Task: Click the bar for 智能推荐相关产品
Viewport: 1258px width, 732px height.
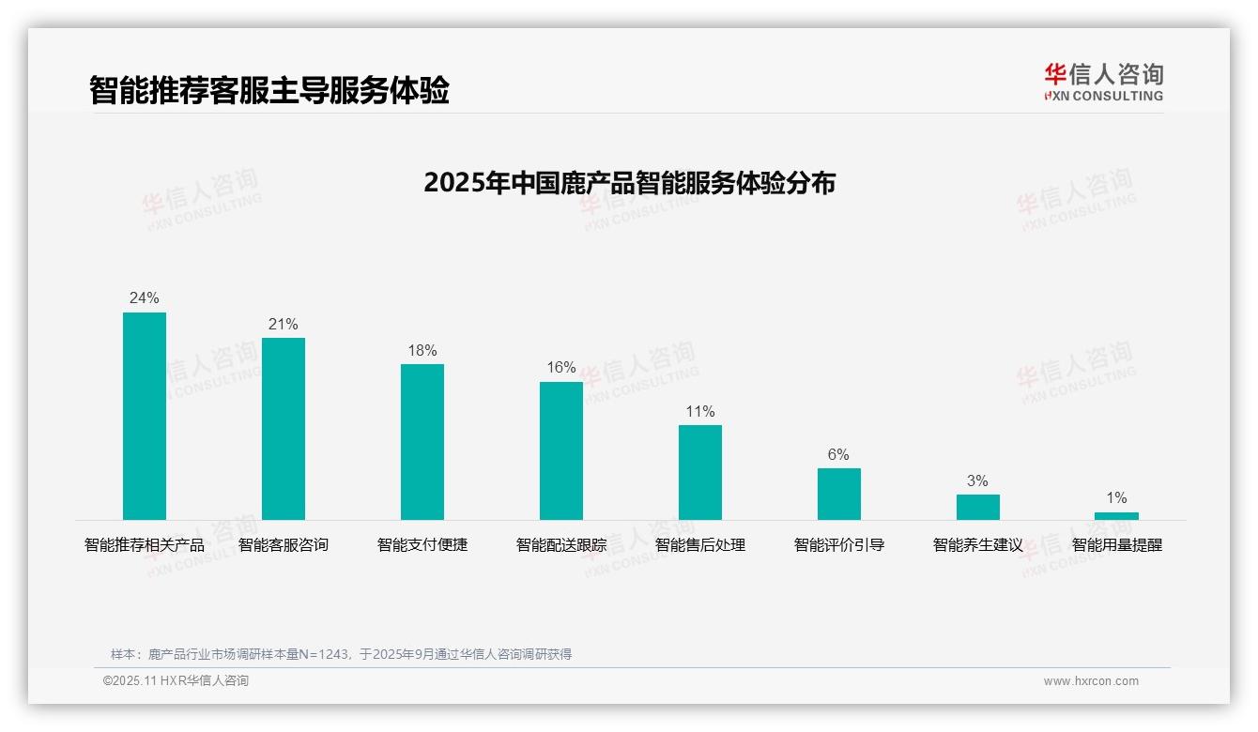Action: click(145, 416)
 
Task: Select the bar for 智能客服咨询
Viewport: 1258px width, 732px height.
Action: click(284, 429)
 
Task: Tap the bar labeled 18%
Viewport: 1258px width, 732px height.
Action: click(422, 442)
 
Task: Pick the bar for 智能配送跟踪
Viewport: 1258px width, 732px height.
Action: click(561, 450)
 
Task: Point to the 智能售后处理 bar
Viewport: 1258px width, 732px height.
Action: click(700, 472)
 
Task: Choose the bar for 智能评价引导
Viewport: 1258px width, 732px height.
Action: click(839, 494)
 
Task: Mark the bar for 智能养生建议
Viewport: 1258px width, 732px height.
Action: click(978, 507)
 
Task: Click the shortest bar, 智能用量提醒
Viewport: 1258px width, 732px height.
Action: click(1116, 516)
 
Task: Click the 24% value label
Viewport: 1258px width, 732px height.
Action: click(145, 298)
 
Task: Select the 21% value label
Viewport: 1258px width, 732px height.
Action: click(284, 325)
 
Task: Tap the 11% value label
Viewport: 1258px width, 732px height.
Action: click(700, 412)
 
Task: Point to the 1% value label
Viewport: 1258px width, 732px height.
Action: click(1116, 498)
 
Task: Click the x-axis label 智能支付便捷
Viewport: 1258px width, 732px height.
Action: click(422, 545)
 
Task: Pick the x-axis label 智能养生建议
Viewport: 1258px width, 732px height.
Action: click(978, 545)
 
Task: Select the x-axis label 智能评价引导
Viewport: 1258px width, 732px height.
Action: click(839, 545)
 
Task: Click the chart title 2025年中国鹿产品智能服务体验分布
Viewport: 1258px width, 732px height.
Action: click(629, 183)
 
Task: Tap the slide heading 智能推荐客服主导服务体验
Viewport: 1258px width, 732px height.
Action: click(269, 90)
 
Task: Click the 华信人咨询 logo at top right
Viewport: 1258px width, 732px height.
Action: click(1103, 82)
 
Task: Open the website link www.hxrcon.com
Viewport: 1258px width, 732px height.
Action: click(1091, 681)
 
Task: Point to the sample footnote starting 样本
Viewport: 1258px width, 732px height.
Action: click(341, 654)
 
